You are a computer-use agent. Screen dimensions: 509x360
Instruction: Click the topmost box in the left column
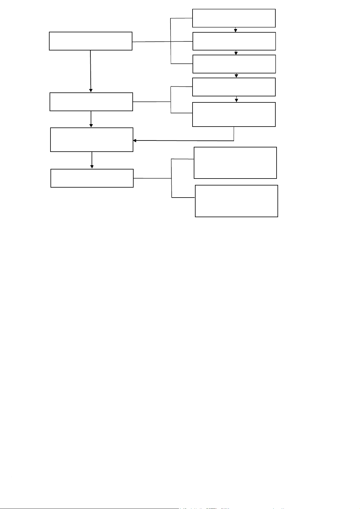[90, 41]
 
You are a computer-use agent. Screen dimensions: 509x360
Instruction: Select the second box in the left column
[91, 102]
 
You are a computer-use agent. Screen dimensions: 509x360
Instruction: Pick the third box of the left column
[92, 140]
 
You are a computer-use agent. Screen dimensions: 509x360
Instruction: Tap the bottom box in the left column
[92, 178]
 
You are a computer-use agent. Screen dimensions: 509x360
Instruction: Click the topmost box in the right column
[234, 18]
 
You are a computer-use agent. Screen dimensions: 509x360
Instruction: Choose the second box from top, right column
[234, 41]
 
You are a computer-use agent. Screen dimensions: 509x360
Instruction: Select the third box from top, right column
[234, 64]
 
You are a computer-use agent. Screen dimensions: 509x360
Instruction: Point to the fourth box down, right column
[234, 87]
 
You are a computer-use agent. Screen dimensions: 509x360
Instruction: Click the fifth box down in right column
[234, 114]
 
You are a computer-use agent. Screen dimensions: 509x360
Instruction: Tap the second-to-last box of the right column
[235, 163]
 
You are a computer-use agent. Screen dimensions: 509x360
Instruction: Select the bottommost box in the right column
[236, 201]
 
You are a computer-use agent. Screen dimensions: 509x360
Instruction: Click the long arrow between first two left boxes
[90, 71]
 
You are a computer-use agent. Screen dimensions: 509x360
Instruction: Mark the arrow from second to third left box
[91, 119]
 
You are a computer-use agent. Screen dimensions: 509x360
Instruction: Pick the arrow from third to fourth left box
[92, 160]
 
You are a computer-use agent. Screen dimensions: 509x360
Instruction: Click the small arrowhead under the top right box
[235, 30]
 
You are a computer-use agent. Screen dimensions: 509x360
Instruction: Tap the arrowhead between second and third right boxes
[236, 53]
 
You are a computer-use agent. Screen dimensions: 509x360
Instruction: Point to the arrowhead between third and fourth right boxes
[236, 76]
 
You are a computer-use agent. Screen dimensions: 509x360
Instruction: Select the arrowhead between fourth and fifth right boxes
[236, 100]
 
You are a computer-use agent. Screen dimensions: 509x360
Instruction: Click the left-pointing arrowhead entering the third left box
[135, 140]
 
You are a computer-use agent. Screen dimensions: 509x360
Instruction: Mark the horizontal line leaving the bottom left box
[152, 178]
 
